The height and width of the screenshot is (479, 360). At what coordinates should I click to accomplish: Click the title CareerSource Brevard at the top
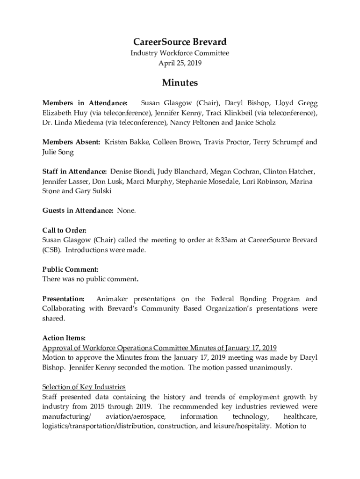[180, 42]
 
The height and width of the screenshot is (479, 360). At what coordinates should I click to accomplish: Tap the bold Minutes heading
[180, 83]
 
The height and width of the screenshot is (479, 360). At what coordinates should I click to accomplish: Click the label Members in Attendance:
[85, 103]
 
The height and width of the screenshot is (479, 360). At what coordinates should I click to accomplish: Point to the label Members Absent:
[71, 142]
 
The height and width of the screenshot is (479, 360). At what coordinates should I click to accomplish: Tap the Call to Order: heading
[64, 230]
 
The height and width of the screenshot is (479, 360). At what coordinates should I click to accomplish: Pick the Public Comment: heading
[70, 269]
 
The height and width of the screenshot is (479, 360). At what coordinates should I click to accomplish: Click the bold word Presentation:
[63, 299]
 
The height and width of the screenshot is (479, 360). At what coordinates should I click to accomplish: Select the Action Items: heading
[64, 338]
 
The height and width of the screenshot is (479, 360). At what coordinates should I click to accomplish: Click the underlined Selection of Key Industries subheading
[84, 387]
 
